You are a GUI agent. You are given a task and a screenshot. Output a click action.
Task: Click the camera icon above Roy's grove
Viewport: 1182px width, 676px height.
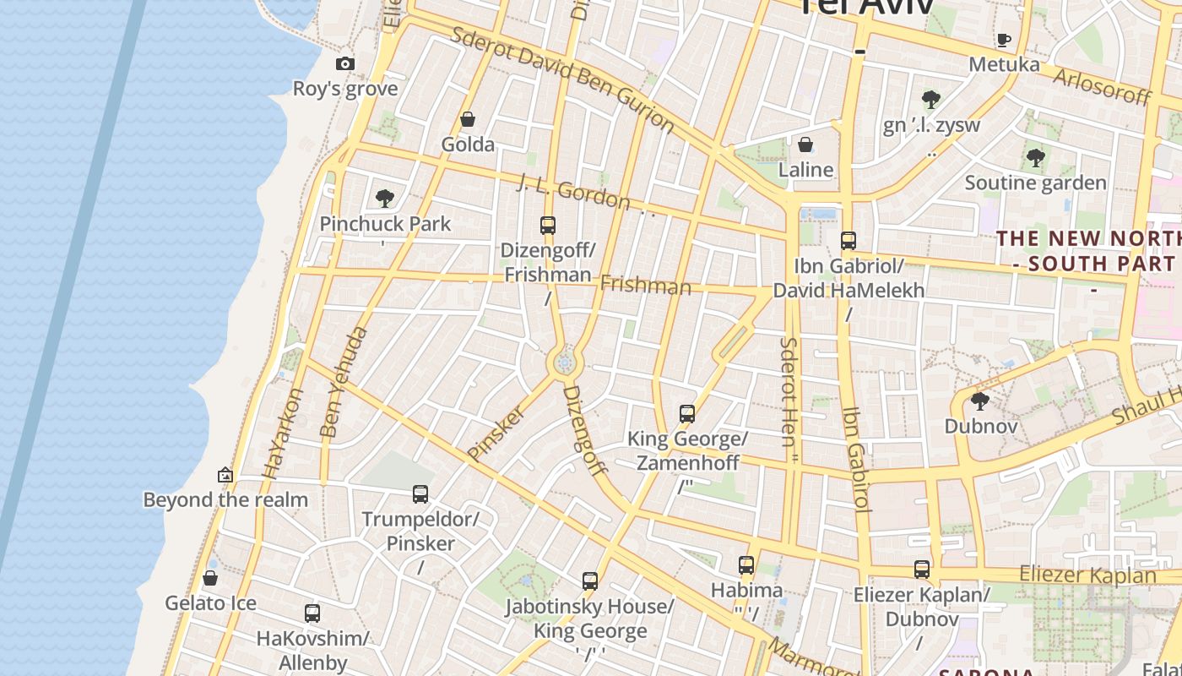point(344,63)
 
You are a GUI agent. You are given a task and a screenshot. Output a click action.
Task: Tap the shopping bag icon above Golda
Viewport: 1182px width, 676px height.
point(468,119)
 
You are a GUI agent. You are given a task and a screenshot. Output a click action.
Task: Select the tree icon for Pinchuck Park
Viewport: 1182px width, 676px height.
point(385,199)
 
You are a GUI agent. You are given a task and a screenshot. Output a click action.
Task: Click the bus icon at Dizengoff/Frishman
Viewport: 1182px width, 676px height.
point(548,226)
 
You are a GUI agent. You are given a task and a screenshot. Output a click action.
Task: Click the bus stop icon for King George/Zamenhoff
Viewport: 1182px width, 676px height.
point(687,414)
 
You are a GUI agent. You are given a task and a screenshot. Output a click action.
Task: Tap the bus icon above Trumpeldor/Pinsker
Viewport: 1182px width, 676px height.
point(420,494)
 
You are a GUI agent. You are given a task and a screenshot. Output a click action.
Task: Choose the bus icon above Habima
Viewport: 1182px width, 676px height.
point(746,565)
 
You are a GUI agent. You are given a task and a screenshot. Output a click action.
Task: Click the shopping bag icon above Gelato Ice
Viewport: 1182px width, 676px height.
point(210,578)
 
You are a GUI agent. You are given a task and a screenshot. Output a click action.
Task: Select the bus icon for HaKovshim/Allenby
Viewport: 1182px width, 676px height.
point(312,613)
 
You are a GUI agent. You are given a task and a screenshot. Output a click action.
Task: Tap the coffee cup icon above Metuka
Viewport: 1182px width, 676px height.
point(1004,40)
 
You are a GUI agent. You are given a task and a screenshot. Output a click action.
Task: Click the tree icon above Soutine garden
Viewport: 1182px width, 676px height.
point(1036,158)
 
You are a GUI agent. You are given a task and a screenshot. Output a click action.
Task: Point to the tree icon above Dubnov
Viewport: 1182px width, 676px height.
point(980,401)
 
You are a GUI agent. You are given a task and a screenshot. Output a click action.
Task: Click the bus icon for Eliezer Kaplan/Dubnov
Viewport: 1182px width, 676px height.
point(922,570)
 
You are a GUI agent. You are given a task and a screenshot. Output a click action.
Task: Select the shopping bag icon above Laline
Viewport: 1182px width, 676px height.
point(805,144)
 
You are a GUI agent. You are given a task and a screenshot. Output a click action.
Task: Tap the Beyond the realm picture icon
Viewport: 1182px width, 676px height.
point(225,475)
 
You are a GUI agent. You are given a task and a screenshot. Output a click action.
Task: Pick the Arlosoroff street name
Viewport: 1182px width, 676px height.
point(1102,86)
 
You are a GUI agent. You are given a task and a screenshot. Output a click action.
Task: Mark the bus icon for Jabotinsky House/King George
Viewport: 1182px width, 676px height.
point(590,581)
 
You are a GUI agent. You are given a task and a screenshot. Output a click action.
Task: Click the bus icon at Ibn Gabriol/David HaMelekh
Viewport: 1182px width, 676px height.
point(849,241)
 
